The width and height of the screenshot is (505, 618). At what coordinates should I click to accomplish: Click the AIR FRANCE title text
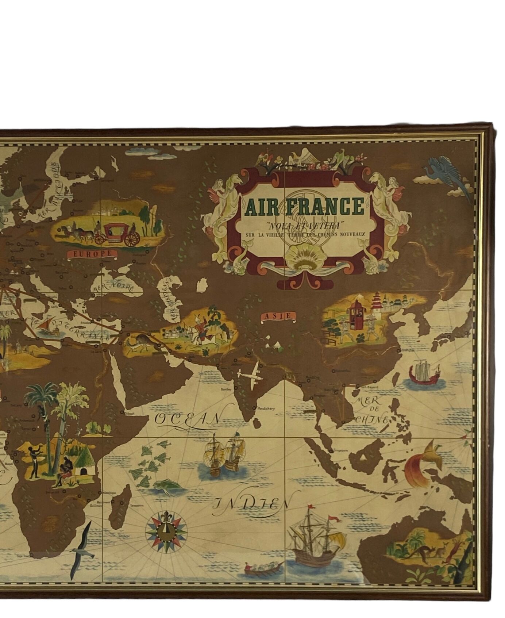[305, 207]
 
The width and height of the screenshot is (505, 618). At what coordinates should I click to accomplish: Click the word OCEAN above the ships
[188, 419]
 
